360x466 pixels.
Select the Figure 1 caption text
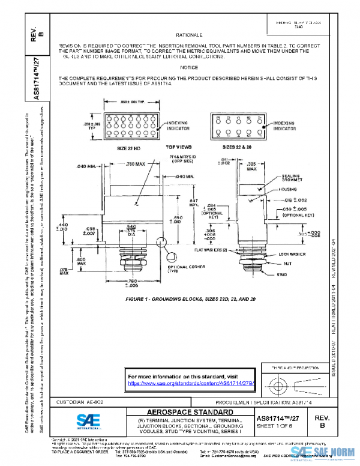190,298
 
